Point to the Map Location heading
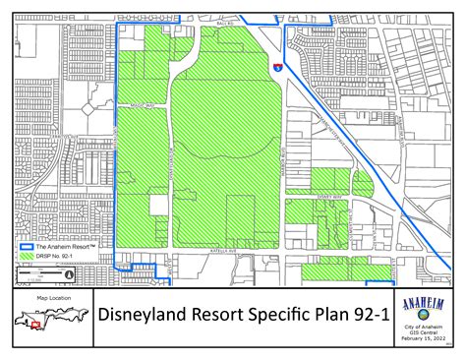(x=54, y=296)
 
